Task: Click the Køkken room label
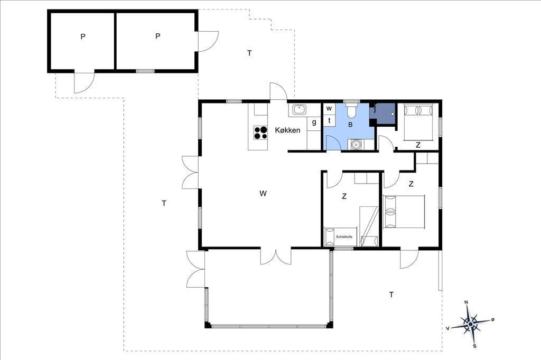287,130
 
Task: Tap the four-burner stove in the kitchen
260,132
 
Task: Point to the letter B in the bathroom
350,125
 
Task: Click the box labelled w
329,109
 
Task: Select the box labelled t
329,120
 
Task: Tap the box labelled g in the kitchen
314,122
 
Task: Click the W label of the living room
263,193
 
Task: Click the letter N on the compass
466,302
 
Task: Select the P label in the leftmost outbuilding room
83,36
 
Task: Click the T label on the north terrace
249,53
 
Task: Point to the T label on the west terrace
164,203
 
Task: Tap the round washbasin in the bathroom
356,145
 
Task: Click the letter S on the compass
475,346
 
